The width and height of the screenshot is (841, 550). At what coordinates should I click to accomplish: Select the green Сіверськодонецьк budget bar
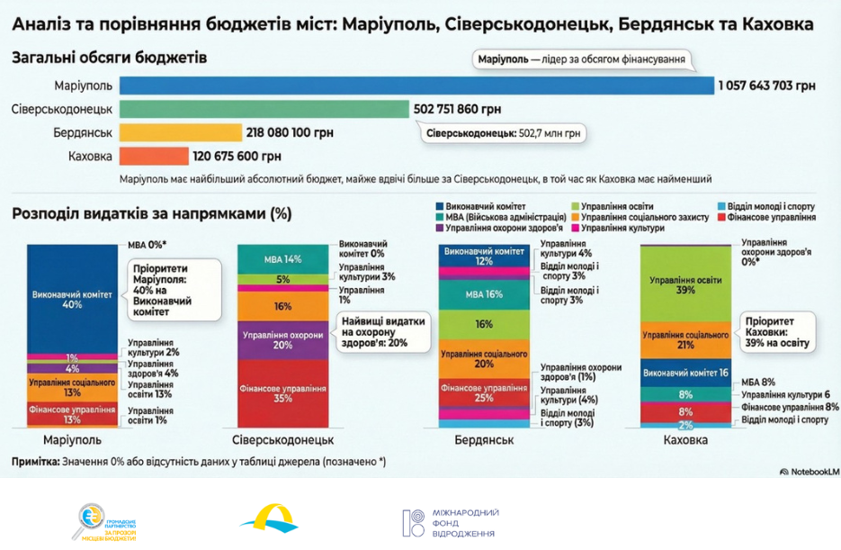tap(264, 109)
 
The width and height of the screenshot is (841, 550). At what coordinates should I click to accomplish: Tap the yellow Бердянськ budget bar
tap(180, 133)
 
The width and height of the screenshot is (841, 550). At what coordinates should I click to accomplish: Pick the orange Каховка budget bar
tap(153, 156)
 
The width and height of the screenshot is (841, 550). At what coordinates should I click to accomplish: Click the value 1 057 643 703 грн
tap(766, 86)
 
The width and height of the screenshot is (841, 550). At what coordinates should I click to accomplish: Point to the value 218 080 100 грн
tap(289, 133)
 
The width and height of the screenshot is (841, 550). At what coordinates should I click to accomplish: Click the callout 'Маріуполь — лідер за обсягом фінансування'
tap(581, 61)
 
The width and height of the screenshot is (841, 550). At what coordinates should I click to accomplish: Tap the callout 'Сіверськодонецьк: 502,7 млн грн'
tap(503, 133)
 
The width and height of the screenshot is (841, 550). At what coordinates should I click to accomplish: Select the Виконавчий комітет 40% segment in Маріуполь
tap(71, 297)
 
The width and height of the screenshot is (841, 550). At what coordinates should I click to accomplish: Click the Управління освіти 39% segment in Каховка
tap(684, 284)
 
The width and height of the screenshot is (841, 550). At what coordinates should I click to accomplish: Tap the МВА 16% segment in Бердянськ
tap(484, 294)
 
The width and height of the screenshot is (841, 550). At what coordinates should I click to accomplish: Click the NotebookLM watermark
tap(809, 471)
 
